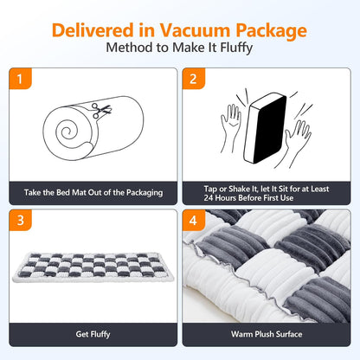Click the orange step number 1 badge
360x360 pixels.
(x=18, y=79)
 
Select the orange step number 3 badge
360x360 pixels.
(x=18, y=220)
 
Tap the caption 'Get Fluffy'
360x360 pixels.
(x=92, y=332)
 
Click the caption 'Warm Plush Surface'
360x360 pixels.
(x=267, y=332)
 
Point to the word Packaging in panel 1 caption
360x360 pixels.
(x=142, y=192)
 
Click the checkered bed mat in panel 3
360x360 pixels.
(x=92, y=272)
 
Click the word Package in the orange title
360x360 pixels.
(x=264, y=31)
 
